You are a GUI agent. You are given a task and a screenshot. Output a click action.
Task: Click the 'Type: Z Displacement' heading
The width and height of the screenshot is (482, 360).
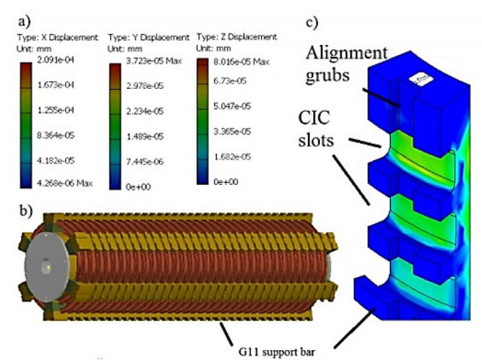(x=236, y=37)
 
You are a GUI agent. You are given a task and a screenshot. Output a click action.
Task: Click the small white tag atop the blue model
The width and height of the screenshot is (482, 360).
(x=417, y=79)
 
